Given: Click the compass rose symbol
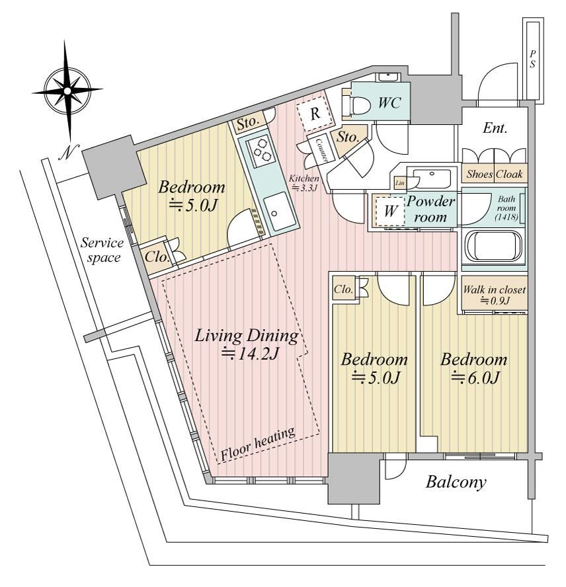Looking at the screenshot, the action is [67, 91].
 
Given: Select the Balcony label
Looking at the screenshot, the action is [456, 482].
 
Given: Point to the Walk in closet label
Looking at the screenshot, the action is [494, 295].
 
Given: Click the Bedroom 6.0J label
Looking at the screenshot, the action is [474, 368].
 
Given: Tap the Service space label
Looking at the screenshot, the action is [102, 250].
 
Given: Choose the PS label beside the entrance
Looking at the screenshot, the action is [533, 59].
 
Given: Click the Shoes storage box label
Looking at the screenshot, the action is [479, 174].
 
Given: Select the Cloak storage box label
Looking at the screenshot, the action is [509, 174].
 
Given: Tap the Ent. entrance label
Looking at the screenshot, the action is [495, 128].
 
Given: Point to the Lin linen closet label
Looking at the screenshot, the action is [400, 183].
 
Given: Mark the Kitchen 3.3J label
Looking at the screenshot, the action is [303, 183].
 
